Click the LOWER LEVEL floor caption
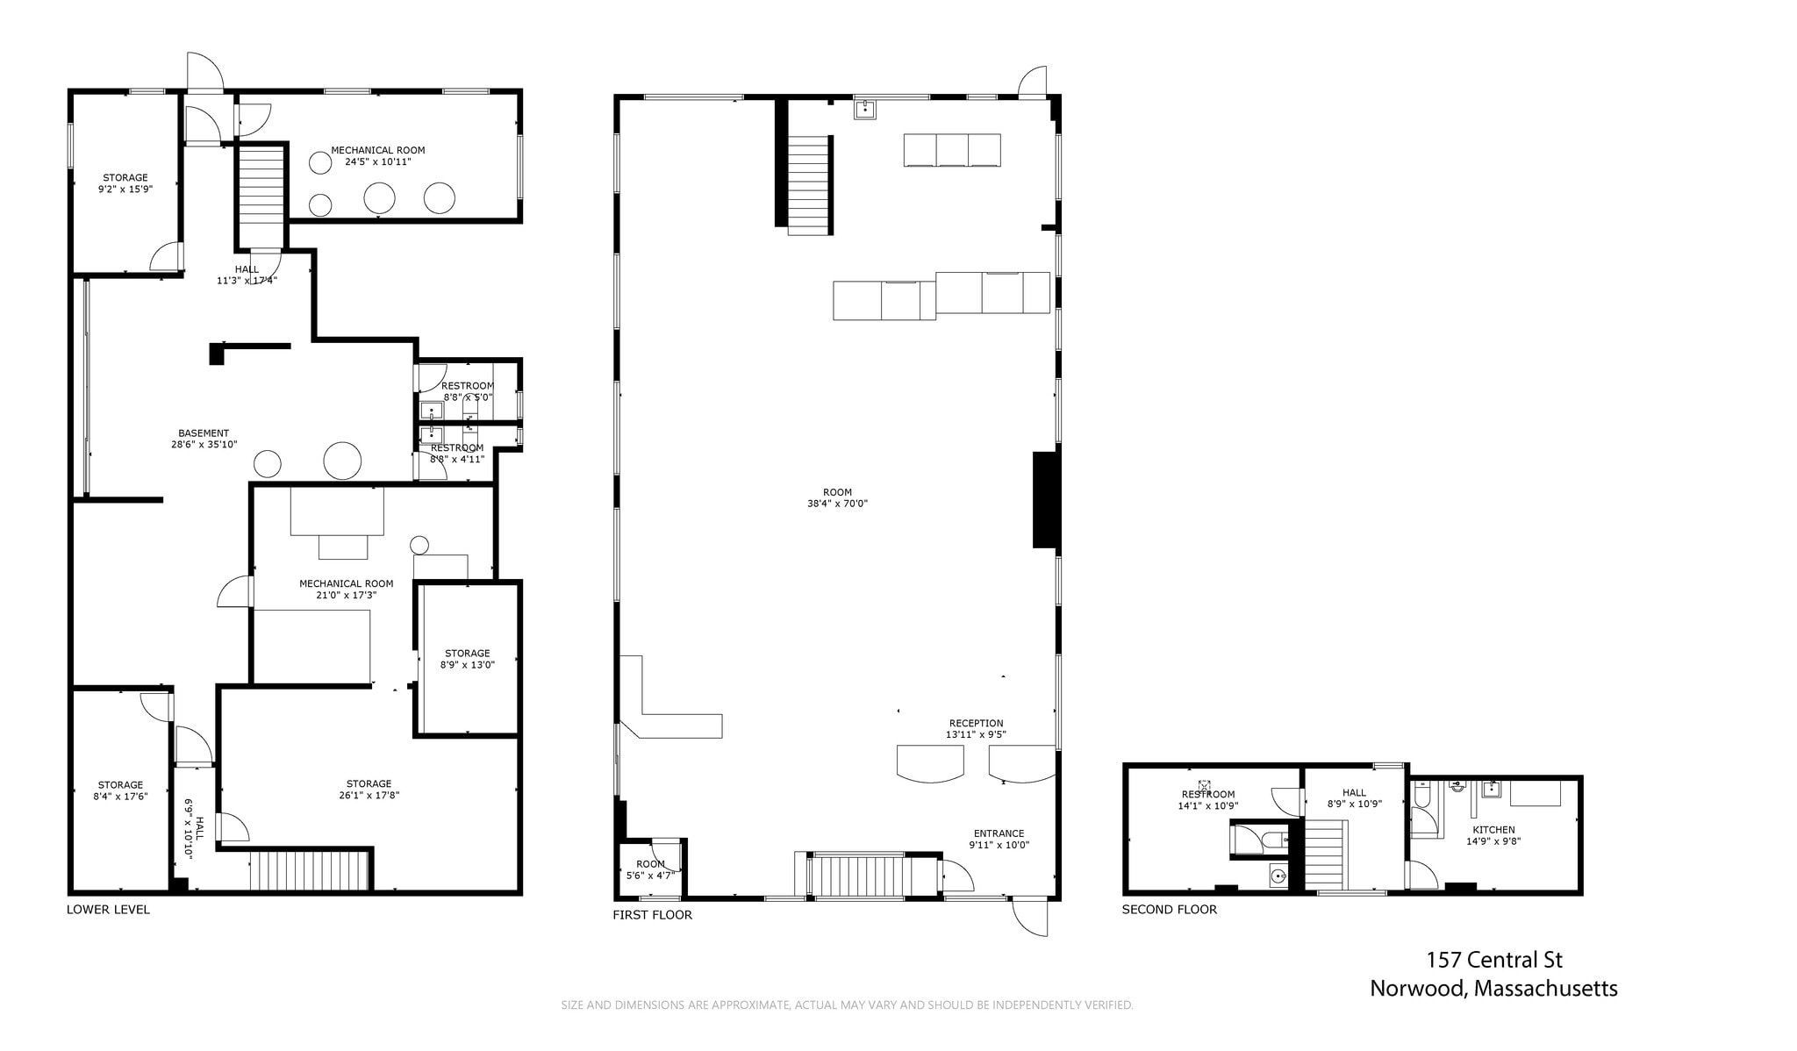point(108,910)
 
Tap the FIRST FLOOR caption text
point(652,915)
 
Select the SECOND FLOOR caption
point(1169,910)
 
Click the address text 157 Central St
point(1493,960)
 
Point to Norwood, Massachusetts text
point(1493,989)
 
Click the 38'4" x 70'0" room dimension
point(837,504)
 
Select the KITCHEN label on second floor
point(1493,830)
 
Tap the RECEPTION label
point(976,724)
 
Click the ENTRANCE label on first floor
point(999,834)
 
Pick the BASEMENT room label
point(204,433)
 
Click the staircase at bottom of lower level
point(311,870)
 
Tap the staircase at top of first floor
point(808,184)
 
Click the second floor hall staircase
point(1325,854)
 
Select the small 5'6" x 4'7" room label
point(650,870)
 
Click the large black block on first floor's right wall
point(1045,499)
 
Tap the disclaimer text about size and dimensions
point(847,1005)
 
